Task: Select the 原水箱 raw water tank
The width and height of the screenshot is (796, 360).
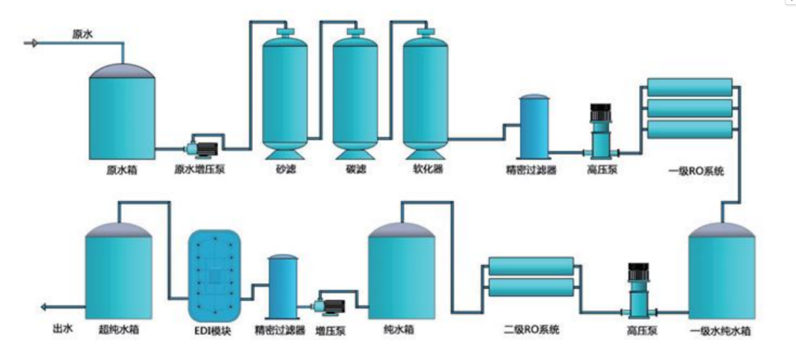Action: [122, 112]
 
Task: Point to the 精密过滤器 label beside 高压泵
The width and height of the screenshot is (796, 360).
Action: [531, 170]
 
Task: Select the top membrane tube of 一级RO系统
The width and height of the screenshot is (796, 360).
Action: [690, 87]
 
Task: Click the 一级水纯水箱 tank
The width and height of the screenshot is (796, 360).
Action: [722, 271]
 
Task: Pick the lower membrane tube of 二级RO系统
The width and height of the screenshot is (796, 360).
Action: [531, 287]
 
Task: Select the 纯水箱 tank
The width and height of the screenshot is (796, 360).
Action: [401, 271]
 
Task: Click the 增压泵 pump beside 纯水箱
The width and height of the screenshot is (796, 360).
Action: [329, 307]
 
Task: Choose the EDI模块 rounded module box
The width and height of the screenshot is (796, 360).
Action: [214, 276]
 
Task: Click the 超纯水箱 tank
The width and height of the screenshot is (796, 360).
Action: [119, 271]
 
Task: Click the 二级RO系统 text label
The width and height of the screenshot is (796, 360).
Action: [531, 329]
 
